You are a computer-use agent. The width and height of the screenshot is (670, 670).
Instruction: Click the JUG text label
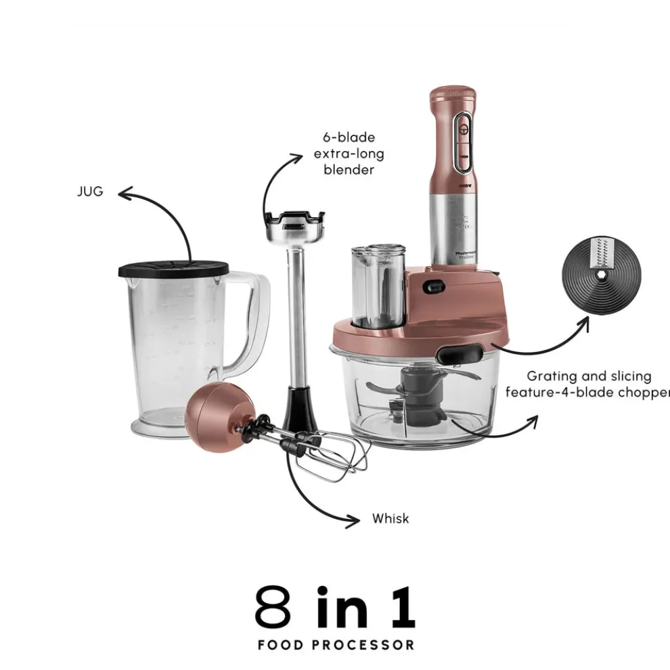[x=90, y=192]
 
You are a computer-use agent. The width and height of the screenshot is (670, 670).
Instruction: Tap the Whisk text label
[x=390, y=519]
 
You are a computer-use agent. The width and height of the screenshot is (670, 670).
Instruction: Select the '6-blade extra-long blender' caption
[x=344, y=154]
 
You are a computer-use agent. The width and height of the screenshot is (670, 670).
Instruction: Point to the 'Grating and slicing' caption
[x=589, y=376]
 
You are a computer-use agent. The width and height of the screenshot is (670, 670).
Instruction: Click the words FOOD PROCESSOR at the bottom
[x=336, y=644]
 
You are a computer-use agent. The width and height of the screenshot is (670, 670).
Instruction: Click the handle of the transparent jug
[x=250, y=325]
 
